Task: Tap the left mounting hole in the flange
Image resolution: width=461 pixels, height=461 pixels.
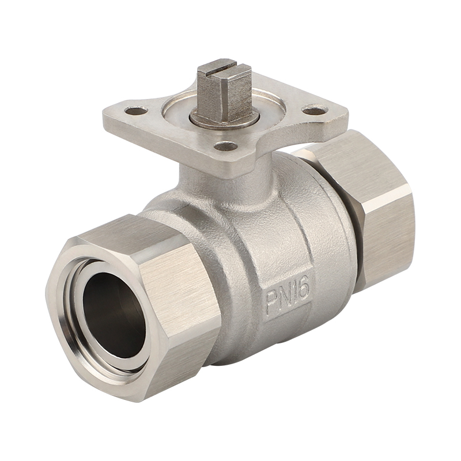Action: pos(136,111)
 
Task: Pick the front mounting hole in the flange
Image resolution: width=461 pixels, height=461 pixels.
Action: pos(225,145)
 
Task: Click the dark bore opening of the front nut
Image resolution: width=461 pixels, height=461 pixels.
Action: pos(114,315)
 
